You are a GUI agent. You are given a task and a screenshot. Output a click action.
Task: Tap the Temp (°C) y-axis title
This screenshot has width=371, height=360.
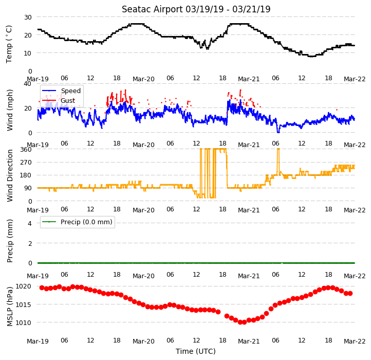click(x=9, y=44)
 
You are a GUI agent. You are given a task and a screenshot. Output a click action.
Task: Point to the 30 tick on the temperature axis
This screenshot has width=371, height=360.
click(x=28, y=17)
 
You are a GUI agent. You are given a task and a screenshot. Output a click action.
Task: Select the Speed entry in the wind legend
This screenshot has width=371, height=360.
click(x=62, y=91)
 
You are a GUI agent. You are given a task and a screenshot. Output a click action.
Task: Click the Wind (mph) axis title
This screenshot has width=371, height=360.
click(x=10, y=110)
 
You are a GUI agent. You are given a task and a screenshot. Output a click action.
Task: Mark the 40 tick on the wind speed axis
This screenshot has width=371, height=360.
click(x=27, y=84)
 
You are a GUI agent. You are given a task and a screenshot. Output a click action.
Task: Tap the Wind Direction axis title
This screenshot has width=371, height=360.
click(x=10, y=175)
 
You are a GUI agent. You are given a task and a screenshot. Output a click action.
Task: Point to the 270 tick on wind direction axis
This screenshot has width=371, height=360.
click(x=26, y=163)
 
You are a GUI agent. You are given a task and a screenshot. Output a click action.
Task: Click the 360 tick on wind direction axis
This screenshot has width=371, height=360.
click(x=26, y=150)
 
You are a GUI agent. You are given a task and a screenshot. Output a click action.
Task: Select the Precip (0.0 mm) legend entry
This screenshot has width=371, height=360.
click(x=78, y=222)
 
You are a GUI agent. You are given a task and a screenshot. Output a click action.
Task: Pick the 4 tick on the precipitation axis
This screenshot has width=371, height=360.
click(x=30, y=223)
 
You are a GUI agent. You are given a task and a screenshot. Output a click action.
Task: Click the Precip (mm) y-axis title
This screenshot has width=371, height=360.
click(x=10, y=241)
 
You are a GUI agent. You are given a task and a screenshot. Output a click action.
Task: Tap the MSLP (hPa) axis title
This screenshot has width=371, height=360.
click(x=10, y=307)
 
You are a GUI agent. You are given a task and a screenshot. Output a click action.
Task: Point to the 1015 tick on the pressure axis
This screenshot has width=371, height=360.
click(x=23, y=304)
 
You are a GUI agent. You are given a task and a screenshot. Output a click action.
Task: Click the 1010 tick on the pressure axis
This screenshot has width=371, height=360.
click(x=23, y=322)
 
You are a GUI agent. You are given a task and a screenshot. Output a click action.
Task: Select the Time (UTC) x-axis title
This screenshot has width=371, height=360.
click(x=196, y=351)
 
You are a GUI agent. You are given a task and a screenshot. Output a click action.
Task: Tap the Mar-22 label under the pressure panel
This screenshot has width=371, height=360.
click(x=355, y=341)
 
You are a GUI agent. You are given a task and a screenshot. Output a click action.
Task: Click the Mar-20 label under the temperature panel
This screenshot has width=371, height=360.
click(x=143, y=79)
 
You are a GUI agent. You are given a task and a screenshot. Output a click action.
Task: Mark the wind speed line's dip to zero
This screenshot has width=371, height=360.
click(x=279, y=132)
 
